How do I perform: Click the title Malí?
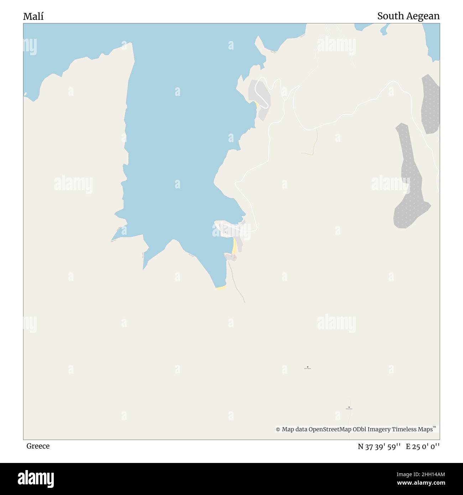click(x=33, y=16)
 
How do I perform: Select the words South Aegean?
click(x=408, y=16)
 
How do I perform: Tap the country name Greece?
click(x=38, y=446)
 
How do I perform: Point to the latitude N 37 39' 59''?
click(x=379, y=446)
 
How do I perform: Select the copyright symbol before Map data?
click(x=278, y=429)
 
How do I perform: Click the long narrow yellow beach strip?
click(x=234, y=246)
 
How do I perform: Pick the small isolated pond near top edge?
click(x=384, y=31)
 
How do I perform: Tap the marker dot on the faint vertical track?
click(x=349, y=407)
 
